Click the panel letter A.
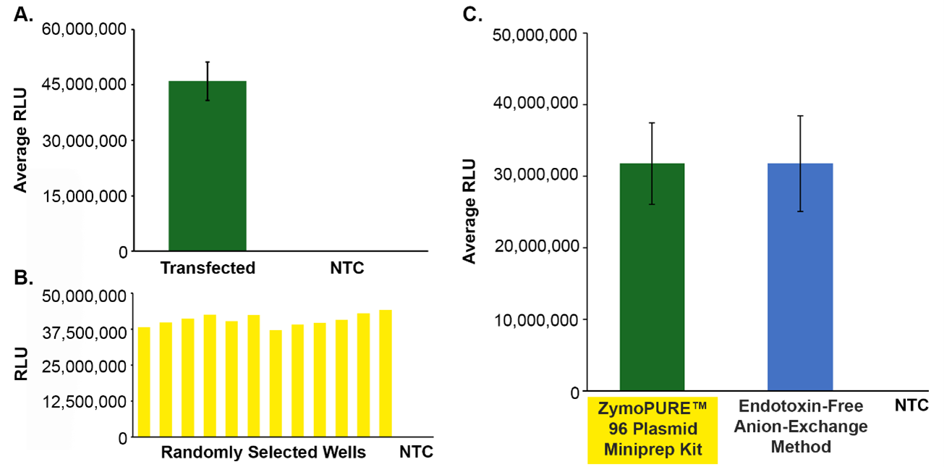(x=24, y=15)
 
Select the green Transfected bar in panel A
(x=207, y=166)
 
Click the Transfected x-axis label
(x=208, y=269)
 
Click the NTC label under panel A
(x=347, y=269)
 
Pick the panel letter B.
(x=24, y=279)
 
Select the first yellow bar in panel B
(x=144, y=382)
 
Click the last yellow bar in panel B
(x=386, y=373)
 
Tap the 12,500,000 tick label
(x=86, y=402)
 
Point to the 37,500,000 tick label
(x=86, y=332)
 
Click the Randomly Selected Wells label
(x=263, y=453)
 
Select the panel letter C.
(x=472, y=14)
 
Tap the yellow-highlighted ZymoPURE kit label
(x=652, y=429)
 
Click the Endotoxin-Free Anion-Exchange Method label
(x=800, y=426)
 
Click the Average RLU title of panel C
(x=470, y=211)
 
